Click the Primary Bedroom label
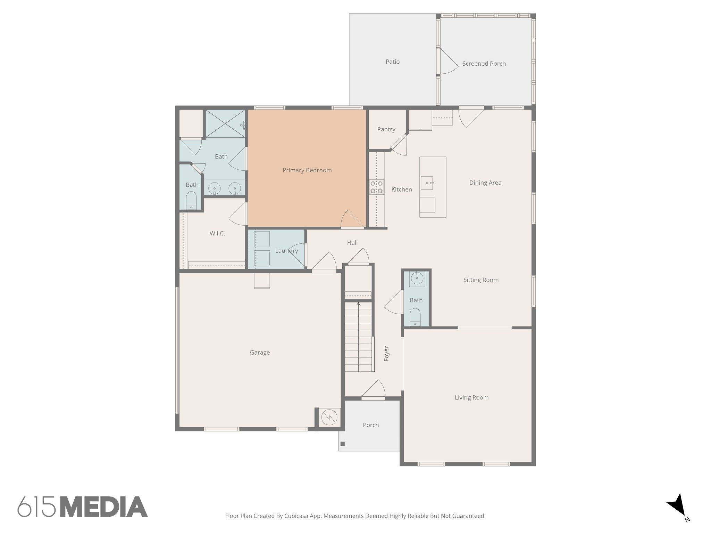(x=307, y=170)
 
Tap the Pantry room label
(x=386, y=129)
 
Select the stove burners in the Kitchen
(x=376, y=187)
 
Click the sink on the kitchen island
(x=427, y=183)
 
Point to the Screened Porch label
(x=484, y=64)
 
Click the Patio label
(x=392, y=62)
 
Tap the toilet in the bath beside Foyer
(x=415, y=317)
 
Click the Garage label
(x=260, y=353)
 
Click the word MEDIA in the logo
(x=104, y=507)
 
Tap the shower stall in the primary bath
(x=225, y=124)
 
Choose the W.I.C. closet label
(x=217, y=234)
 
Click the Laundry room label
(x=286, y=251)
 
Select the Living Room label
(x=471, y=398)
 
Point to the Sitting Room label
(x=481, y=280)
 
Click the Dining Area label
(x=485, y=183)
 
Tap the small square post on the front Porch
(x=343, y=444)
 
